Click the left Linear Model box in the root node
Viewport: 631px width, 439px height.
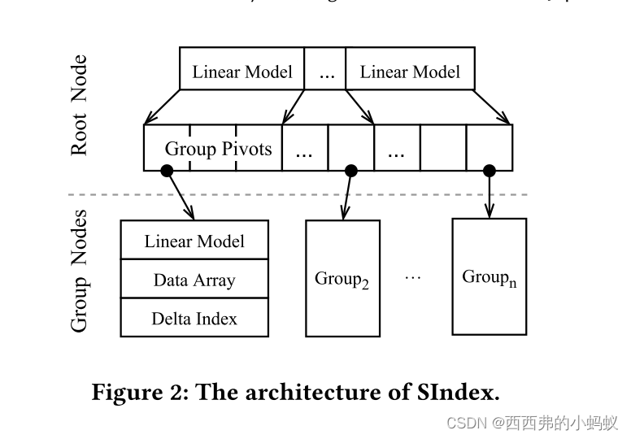click(242, 71)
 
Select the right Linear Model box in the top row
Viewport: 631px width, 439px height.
click(410, 71)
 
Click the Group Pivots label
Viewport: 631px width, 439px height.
click(218, 149)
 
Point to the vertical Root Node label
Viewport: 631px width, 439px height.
click(80, 106)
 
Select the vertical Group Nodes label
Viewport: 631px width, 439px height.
click(80, 271)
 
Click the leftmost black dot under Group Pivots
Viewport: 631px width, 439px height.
click(167, 170)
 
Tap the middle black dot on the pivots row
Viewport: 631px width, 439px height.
click(351, 170)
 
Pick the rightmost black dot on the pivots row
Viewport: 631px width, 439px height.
click(489, 170)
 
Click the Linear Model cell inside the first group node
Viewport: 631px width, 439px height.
click(194, 241)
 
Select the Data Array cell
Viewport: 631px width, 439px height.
click(194, 280)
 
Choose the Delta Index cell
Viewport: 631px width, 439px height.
click(194, 318)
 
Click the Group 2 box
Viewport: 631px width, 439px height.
click(342, 278)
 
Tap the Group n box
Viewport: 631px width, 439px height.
click(489, 276)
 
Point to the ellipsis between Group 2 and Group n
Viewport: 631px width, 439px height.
click(413, 276)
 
